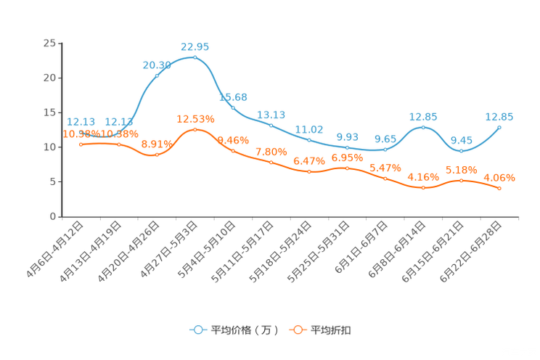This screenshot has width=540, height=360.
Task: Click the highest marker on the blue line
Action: click(x=195, y=57)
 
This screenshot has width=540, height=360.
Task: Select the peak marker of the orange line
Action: click(x=195, y=129)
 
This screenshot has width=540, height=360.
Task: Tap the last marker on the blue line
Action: click(x=499, y=127)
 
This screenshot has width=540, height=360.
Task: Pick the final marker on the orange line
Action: click(x=499, y=189)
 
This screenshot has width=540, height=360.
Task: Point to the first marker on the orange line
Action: click(x=81, y=144)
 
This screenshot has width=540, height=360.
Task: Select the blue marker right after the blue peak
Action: click(x=233, y=107)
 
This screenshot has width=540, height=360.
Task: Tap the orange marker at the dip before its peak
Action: click(x=157, y=155)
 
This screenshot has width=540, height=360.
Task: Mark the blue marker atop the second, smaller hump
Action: click(x=423, y=127)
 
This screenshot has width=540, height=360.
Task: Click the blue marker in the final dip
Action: click(x=461, y=151)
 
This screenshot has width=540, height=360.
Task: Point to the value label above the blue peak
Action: click(x=195, y=46)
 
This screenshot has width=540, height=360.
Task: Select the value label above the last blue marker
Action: click(x=499, y=116)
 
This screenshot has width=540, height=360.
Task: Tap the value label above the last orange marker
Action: click(x=499, y=176)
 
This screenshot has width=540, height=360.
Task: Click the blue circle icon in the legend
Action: click(x=197, y=330)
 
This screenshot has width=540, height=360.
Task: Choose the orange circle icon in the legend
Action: click(x=298, y=330)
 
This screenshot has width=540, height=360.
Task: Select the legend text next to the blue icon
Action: click(x=243, y=330)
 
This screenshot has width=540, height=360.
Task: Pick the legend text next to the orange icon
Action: click(x=331, y=330)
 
